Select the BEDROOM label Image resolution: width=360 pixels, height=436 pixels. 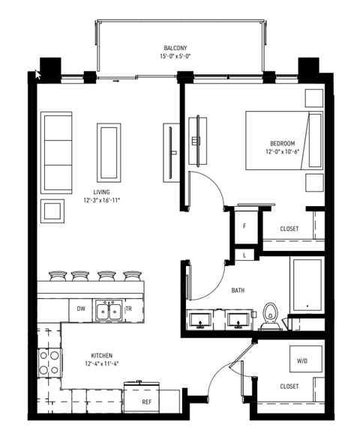pos(282,143)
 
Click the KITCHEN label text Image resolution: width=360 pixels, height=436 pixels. pos(102,357)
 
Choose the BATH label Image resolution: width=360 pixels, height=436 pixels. pos(238,291)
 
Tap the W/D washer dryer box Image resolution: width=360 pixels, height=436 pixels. pos(302,360)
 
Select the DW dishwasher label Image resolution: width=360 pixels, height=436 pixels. pos(81,309)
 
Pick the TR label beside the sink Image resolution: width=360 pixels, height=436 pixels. pos(128,309)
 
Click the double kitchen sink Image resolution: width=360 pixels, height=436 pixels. pos(108,310)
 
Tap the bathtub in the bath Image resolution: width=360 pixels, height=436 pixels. pos(307,288)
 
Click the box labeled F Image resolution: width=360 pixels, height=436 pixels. pos(244,225)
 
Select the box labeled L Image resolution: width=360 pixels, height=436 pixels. pos(244,255)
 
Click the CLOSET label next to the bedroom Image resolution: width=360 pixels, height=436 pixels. pos(288,228)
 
